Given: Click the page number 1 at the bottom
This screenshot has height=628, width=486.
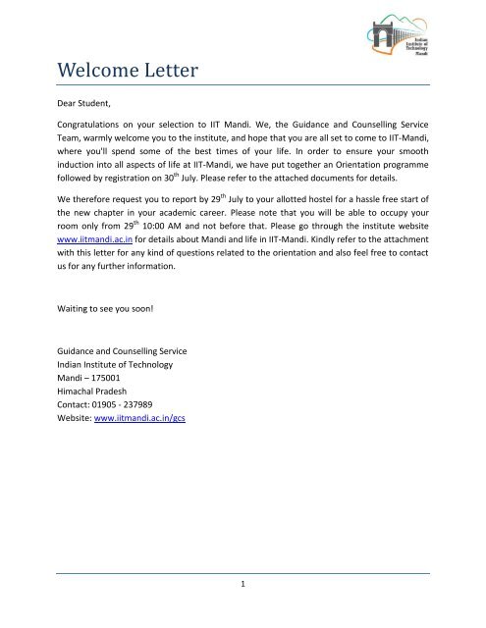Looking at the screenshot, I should [x=242, y=585].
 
